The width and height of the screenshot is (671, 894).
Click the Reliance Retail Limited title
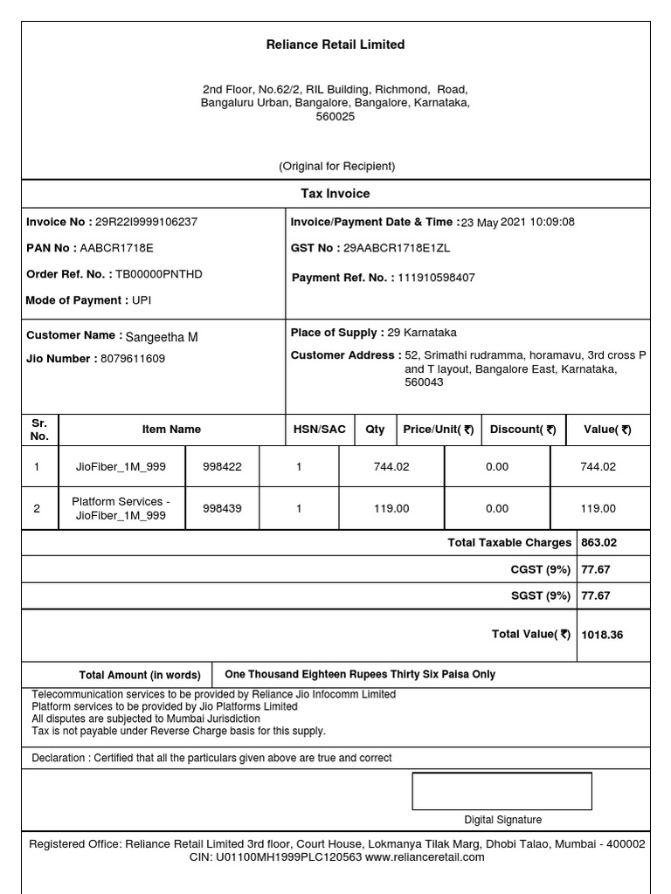[x=335, y=45]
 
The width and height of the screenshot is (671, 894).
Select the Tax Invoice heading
[x=335, y=194]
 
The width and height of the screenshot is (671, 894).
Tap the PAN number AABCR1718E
[x=116, y=248]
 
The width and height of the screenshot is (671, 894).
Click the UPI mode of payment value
[x=142, y=300]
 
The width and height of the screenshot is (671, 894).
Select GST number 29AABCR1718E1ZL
[x=397, y=248]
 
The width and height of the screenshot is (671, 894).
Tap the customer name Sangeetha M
[x=162, y=337]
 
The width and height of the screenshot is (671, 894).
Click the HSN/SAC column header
[x=320, y=430]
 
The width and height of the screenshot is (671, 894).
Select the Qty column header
[x=375, y=430]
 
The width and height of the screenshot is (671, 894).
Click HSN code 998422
[x=222, y=467]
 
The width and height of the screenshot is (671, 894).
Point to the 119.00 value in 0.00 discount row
[x=598, y=508]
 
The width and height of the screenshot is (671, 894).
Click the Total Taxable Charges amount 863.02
[x=599, y=542]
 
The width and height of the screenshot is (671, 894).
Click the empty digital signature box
[x=502, y=791]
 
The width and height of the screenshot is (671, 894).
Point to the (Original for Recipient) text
[x=336, y=166]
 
